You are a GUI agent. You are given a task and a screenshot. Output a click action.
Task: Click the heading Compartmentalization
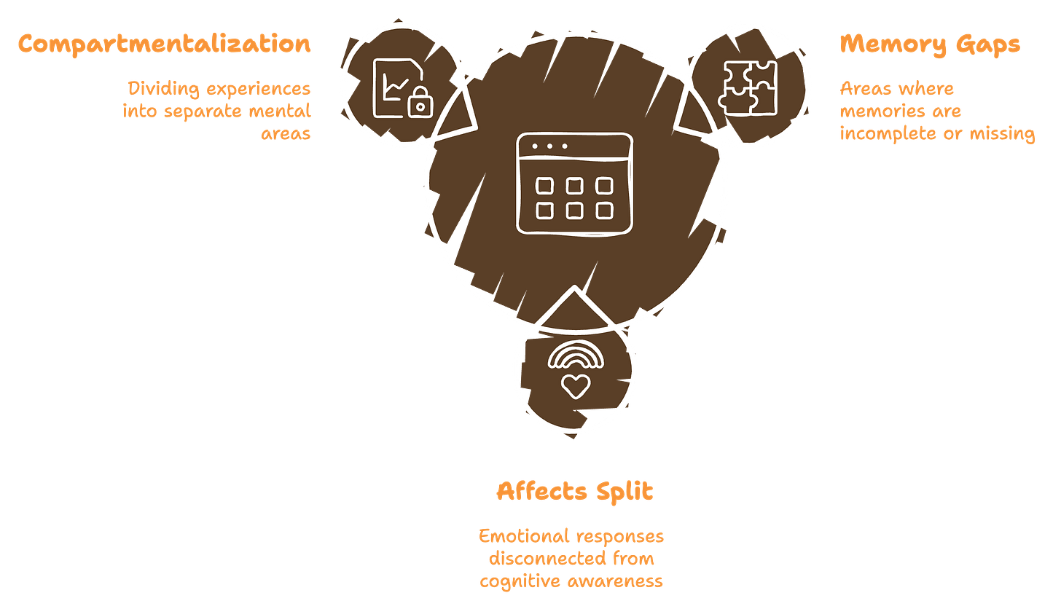(x=165, y=44)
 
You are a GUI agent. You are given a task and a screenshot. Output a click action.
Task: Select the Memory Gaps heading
(x=931, y=45)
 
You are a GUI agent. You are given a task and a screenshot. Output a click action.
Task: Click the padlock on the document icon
(x=420, y=105)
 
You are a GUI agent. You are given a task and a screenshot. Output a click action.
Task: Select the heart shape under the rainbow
(x=576, y=385)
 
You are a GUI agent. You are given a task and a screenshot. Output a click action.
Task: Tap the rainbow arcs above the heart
(x=576, y=355)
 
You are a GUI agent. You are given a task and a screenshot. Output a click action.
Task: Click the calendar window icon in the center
(x=573, y=184)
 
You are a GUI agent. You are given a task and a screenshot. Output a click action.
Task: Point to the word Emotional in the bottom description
(x=522, y=537)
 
